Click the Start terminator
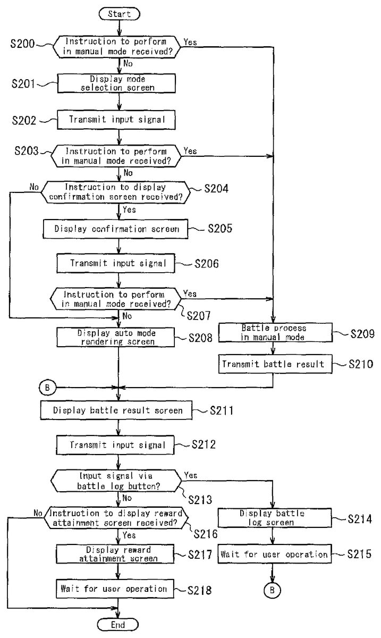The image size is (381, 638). (x=118, y=14)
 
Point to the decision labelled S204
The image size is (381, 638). (x=115, y=191)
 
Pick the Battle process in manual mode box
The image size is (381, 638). (x=274, y=333)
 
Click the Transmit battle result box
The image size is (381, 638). (x=274, y=364)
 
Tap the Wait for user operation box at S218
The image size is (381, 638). (x=114, y=589)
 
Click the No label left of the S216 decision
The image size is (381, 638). (x=37, y=514)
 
